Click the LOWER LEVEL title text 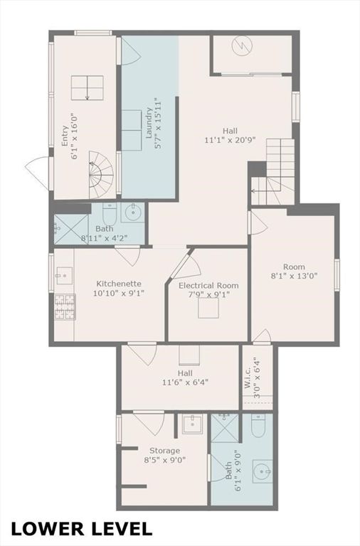(x=82, y=528)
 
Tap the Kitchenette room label (x=120, y=283)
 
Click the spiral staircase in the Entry (x=100, y=176)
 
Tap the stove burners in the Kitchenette (x=65, y=306)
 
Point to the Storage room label (x=164, y=451)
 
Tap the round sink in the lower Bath (x=263, y=471)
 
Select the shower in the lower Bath (x=226, y=428)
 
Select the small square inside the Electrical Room (x=208, y=308)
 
